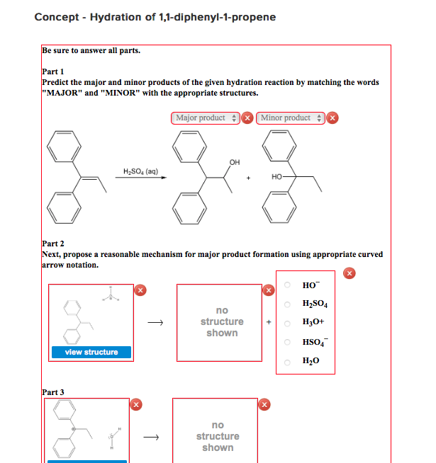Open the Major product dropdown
click(x=206, y=118)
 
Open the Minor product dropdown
click(x=291, y=118)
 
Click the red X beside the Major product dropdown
click(x=247, y=118)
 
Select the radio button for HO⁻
click(x=287, y=285)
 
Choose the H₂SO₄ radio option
click(x=287, y=304)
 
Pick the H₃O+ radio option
click(x=287, y=322)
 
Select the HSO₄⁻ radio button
click(x=287, y=341)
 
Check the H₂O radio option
click(x=287, y=360)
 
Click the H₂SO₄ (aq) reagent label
click(x=140, y=171)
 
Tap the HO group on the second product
click(x=276, y=176)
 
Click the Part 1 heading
click(x=53, y=72)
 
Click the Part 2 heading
click(x=53, y=244)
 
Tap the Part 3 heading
click(x=53, y=392)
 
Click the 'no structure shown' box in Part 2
click(x=222, y=322)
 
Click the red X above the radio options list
click(x=348, y=273)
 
